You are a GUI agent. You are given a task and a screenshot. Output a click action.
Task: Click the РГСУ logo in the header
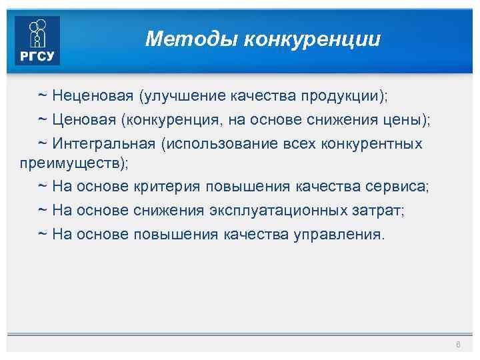(37, 41)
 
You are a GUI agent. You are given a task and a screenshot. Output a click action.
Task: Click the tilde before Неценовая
(41, 95)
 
